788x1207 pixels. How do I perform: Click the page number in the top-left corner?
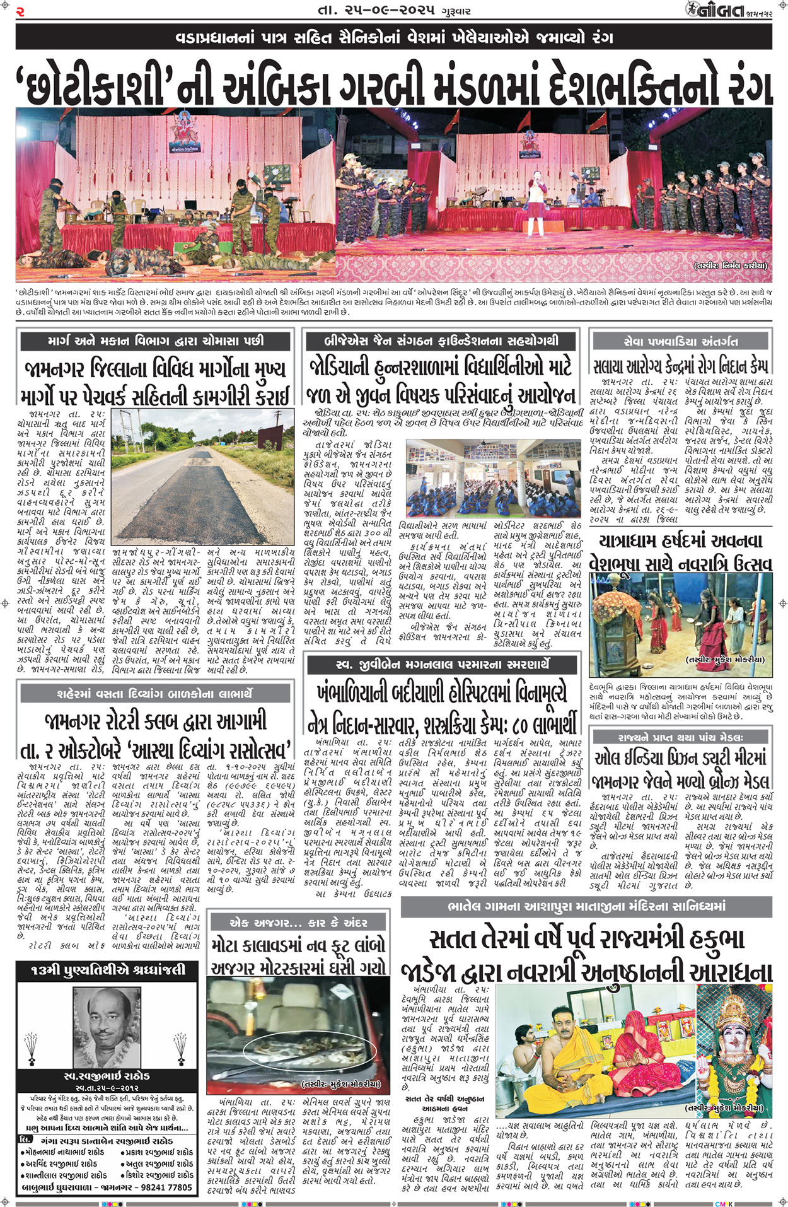click(x=20, y=11)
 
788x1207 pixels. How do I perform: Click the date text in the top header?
click(x=393, y=11)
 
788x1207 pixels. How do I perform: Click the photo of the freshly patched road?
click(x=202, y=479)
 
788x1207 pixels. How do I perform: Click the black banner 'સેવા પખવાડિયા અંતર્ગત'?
click(x=680, y=341)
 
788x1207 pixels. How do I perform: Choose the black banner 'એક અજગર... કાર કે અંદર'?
click(x=298, y=922)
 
